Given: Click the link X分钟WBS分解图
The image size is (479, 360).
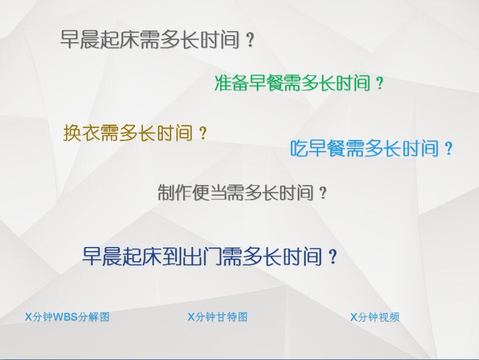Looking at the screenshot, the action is [67, 317].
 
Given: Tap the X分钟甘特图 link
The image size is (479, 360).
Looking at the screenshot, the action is [217, 317].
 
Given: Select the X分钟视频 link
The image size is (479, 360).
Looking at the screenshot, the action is [375, 317].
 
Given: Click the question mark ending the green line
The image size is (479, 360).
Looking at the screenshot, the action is [379, 83].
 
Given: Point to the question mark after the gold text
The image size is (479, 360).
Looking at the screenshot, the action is [203, 133].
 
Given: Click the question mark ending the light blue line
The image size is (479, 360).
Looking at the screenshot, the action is [449, 149].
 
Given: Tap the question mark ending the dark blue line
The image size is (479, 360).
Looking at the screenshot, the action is [333, 257].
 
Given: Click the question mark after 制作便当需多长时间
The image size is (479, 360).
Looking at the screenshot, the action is [323, 193].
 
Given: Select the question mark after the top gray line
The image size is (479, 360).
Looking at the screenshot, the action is [250, 40].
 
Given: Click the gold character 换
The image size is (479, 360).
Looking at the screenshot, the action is [72, 133].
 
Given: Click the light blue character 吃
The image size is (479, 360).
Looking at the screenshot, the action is [299, 149].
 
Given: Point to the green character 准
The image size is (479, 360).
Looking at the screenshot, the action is [223, 83].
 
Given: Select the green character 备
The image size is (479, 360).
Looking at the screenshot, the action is [240, 83].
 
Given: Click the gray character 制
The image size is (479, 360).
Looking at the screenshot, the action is [166, 193].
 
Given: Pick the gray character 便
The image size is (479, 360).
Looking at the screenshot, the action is [200, 193].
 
